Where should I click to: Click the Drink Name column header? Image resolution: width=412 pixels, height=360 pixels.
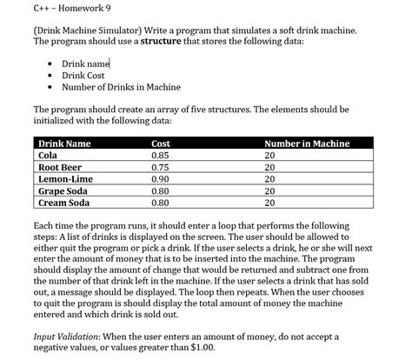pos(65,143)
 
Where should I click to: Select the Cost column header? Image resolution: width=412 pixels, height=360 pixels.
pos(161,143)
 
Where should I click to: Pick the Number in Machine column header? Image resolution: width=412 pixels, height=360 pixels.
pos(307,143)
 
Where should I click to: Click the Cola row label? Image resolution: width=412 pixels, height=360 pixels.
pos(48,155)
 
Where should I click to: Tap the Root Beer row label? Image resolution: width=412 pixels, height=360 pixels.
pos(59,167)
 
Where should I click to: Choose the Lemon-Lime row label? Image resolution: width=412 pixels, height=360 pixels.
pos(63,179)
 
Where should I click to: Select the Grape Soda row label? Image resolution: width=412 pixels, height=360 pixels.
pos(63,191)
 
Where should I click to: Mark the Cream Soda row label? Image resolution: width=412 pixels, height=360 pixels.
pos(64,203)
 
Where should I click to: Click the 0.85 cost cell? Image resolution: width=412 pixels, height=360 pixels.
pos(160,155)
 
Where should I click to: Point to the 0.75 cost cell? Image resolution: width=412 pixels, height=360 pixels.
pos(160,167)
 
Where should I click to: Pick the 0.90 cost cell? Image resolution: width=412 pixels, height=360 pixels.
pos(160,179)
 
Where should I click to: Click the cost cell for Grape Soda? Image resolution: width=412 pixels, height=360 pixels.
pos(160,191)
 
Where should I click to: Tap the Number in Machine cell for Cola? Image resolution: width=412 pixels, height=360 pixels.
pos(269,155)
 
